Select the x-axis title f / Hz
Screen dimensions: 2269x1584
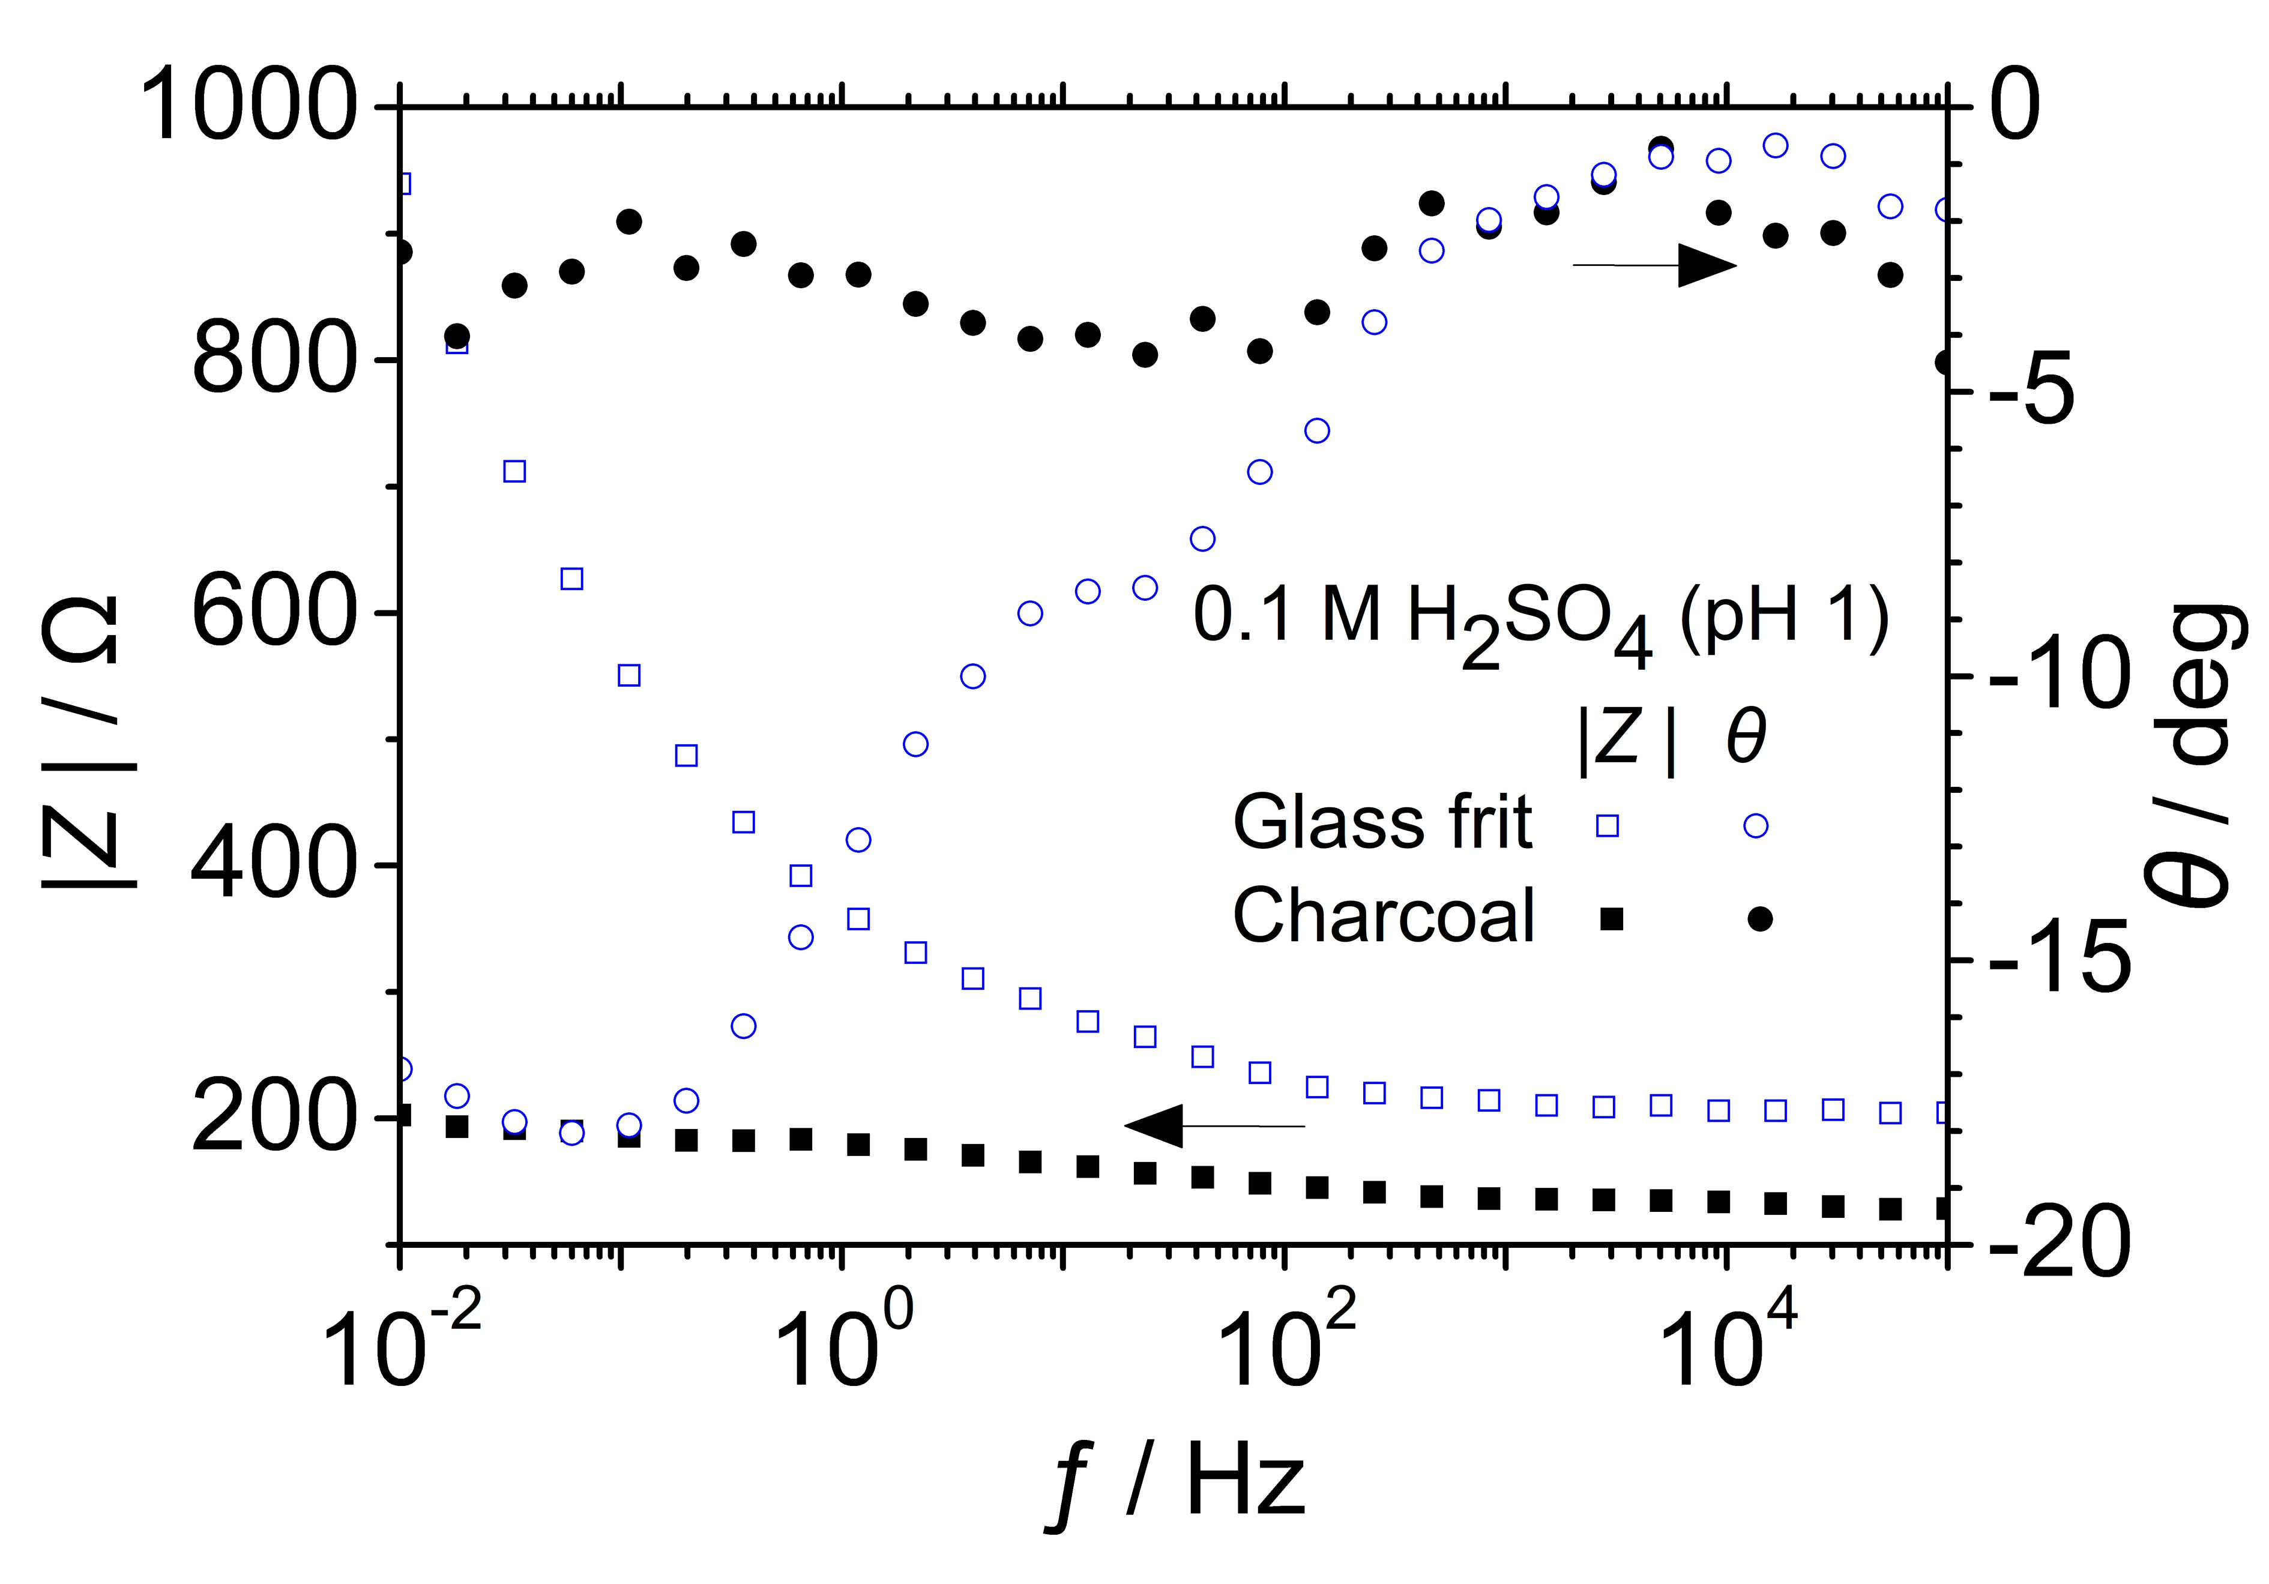(x=1175, y=1488)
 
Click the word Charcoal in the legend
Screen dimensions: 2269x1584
(x=1384, y=914)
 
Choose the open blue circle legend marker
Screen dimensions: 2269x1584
(x=1756, y=825)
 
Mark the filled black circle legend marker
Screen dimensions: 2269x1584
(x=1759, y=919)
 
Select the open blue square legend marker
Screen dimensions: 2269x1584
(x=1608, y=825)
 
